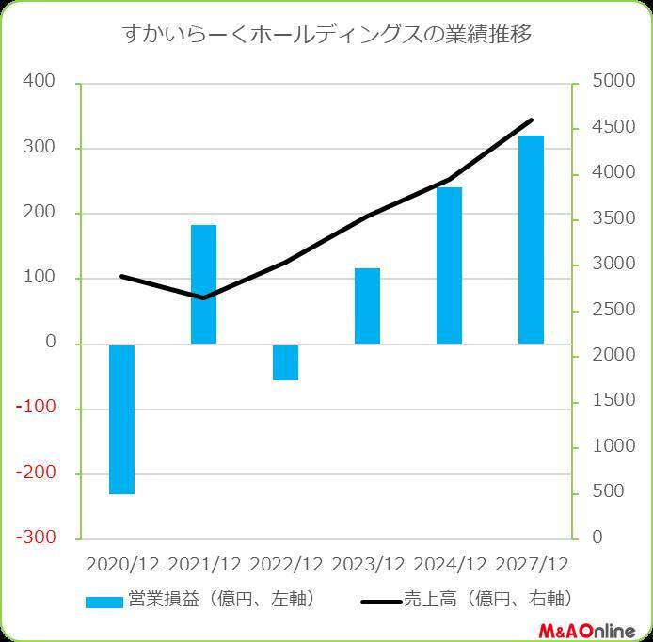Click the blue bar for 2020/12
(x=121, y=419)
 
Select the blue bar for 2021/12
(x=203, y=284)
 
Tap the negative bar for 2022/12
(x=285, y=362)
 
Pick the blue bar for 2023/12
(x=367, y=306)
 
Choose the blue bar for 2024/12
(x=449, y=265)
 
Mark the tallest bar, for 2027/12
(x=531, y=240)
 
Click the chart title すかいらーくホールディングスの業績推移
(x=326, y=36)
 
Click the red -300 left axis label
(x=39, y=538)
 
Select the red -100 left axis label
(x=39, y=409)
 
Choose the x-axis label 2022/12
(x=286, y=564)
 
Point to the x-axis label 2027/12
(x=532, y=564)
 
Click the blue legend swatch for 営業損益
(x=104, y=602)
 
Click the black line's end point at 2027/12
(x=532, y=120)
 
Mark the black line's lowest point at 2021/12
(x=203, y=298)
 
